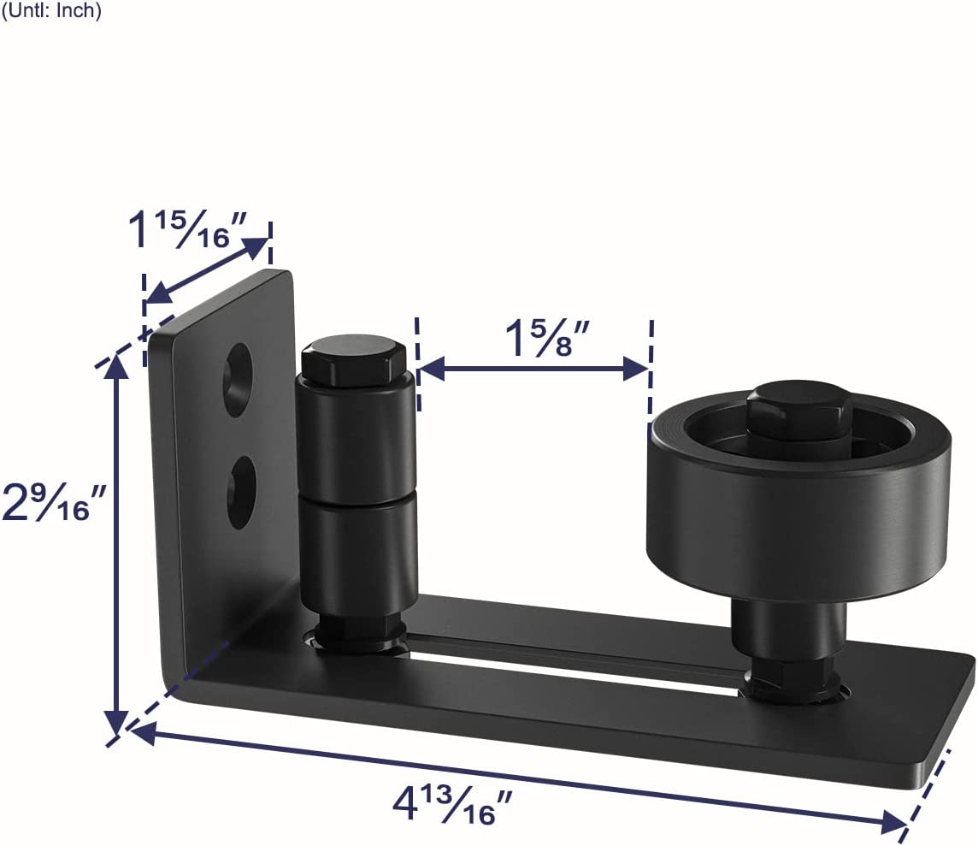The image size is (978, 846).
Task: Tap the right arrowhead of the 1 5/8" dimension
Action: pos(641,370)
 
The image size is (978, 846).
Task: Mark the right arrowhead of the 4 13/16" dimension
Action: pos(898,823)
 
